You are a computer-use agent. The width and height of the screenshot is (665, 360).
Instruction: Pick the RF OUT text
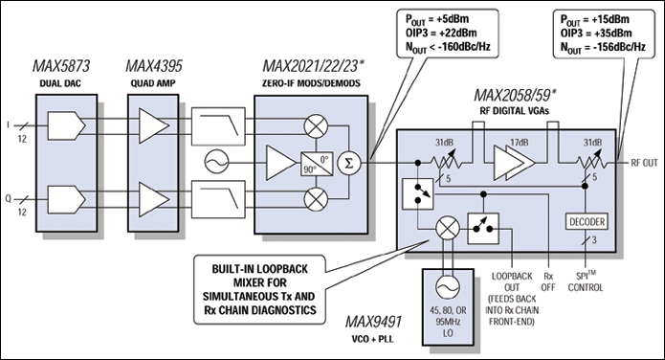pos(642,163)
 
